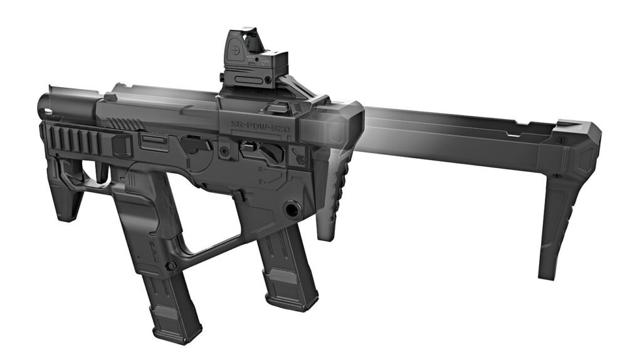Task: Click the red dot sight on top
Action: [x=254, y=60]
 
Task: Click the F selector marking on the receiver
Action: [x=260, y=182]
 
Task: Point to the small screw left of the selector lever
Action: [x=223, y=151]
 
